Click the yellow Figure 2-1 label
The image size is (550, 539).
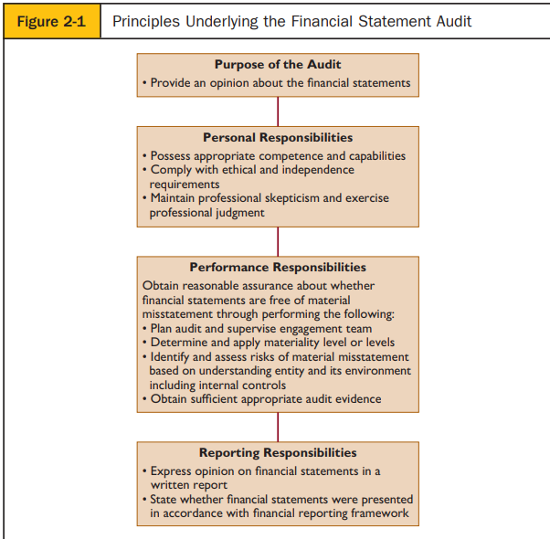[x=52, y=21]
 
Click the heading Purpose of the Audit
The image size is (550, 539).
[x=278, y=65]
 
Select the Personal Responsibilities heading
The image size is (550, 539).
[x=278, y=137]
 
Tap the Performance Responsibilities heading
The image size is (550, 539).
[x=278, y=268]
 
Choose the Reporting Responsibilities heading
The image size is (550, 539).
[x=278, y=453]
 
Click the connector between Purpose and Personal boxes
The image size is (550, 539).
[x=278, y=111]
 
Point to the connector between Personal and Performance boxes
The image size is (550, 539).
[x=278, y=241]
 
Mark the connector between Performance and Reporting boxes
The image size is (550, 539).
[x=278, y=428]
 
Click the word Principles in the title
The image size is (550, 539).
[x=146, y=22]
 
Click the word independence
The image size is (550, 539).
[x=318, y=170]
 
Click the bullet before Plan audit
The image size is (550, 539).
[x=144, y=329]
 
